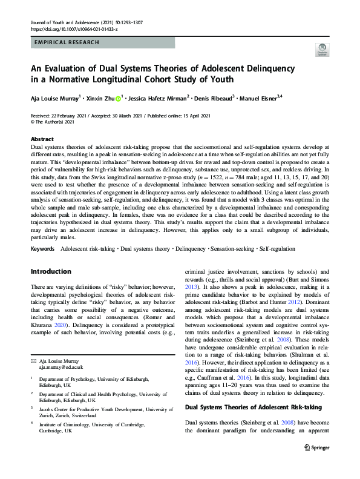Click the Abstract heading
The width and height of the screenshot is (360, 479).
tap(42, 139)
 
